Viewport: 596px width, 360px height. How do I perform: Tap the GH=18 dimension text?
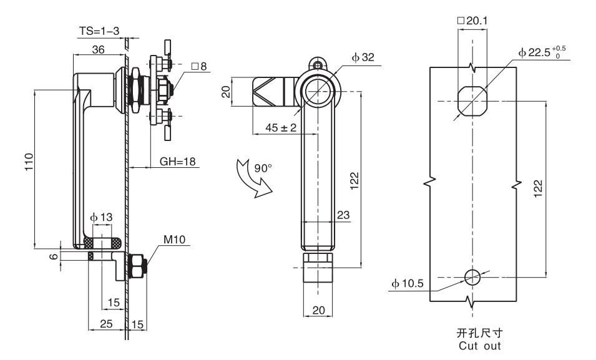[x=178, y=161]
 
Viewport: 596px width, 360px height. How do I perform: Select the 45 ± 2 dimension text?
[x=273, y=127]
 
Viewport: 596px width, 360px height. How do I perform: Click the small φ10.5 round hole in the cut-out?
[x=473, y=276]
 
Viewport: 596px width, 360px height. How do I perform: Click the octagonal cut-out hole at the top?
[x=472, y=100]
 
